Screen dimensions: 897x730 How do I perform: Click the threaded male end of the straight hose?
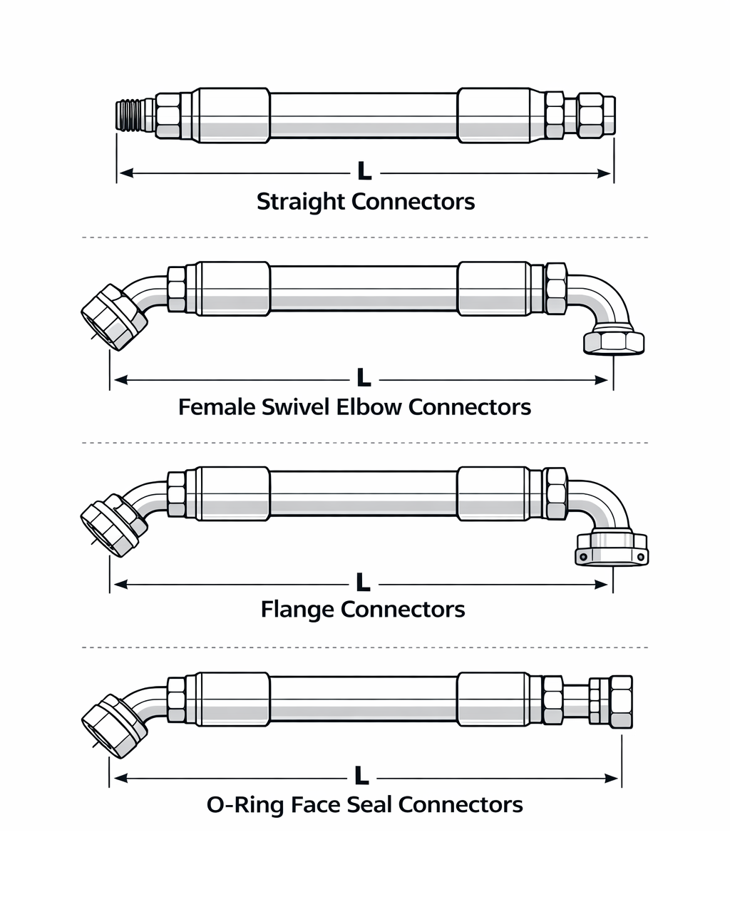click(129, 116)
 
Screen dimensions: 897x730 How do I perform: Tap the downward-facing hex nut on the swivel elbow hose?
click(613, 342)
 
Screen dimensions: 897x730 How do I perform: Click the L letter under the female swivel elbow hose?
click(364, 378)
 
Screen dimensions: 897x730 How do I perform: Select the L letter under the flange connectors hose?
click(363, 583)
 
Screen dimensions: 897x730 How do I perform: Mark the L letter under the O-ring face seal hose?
click(361, 776)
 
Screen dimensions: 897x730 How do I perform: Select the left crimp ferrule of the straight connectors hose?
click(233, 116)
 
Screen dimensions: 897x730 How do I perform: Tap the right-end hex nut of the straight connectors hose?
click(595, 116)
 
